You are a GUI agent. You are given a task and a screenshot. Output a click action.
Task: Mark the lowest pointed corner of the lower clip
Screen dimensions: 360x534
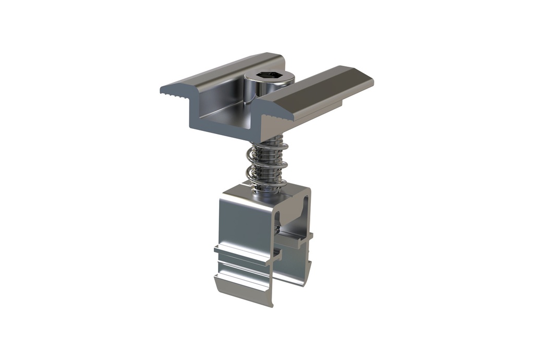click(271, 306)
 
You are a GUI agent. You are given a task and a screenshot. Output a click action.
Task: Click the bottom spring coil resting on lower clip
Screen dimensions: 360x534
click(267, 184)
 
